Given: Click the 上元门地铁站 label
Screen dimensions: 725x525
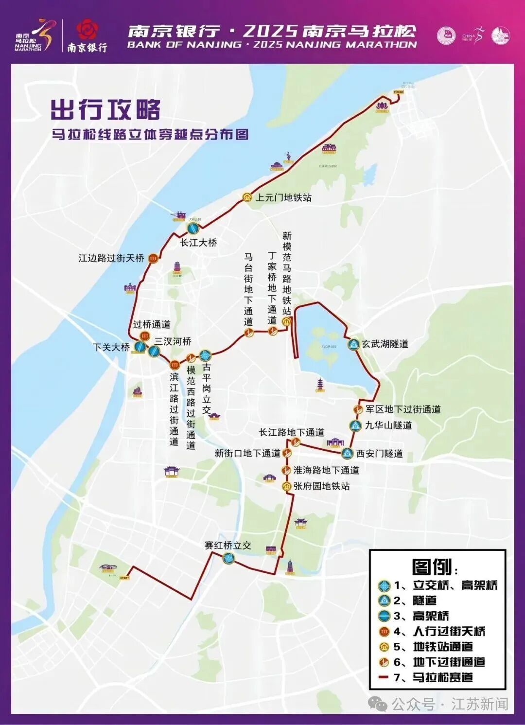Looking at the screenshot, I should tap(284, 198).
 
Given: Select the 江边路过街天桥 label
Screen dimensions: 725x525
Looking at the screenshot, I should tap(111, 258).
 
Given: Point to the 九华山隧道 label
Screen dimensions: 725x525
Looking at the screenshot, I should tap(388, 425).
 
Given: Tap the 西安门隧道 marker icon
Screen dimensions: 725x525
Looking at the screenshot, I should tap(347, 454).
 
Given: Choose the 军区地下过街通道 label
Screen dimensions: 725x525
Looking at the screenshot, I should tap(403, 409).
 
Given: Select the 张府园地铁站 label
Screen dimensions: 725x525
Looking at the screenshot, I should tap(321, 486).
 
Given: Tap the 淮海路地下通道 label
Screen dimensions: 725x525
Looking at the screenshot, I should tap(326, 470).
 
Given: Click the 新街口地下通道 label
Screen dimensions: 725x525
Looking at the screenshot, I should tap(247, 453).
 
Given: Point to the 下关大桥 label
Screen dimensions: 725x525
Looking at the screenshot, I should tap(111, 347).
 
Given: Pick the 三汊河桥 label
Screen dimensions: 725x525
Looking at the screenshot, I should tap(173, 342).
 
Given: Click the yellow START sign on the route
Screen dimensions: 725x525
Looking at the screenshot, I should tap(124, 578).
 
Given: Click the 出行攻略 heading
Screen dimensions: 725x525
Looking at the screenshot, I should tap(105, 110).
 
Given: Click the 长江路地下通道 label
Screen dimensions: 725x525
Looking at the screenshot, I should tap(291, 432).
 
